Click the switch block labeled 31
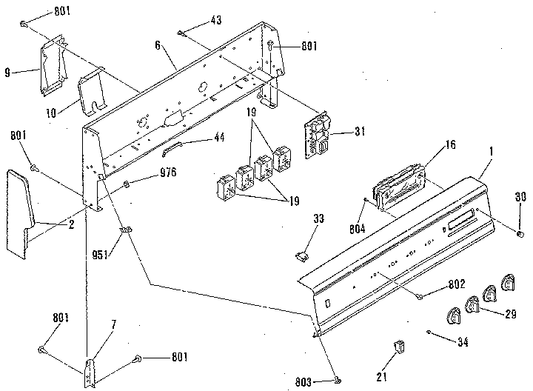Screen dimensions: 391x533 317,136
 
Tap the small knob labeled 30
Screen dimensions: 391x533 520,233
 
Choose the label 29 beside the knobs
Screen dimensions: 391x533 510,314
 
